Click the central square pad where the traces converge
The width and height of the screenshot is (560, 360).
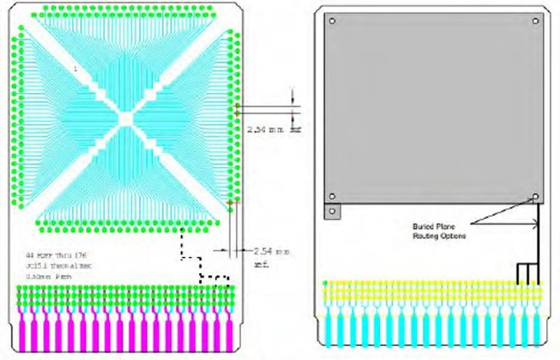[125, 116]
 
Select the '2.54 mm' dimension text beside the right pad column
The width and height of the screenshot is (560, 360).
[265, 130]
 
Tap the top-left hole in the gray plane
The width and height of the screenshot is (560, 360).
[331, 20]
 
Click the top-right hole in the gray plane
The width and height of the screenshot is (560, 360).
[535, 20]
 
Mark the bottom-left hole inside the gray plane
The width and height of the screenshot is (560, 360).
[331, 196]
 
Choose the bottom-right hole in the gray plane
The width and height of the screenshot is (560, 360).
[535, 196]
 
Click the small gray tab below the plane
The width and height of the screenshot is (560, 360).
[331, 211]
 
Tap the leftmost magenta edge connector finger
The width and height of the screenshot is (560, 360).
[22, 331]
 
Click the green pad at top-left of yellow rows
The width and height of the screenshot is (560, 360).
[325, 283]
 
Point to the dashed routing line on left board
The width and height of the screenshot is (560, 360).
[180, 250]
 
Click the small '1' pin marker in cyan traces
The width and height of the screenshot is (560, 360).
[75, 68]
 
